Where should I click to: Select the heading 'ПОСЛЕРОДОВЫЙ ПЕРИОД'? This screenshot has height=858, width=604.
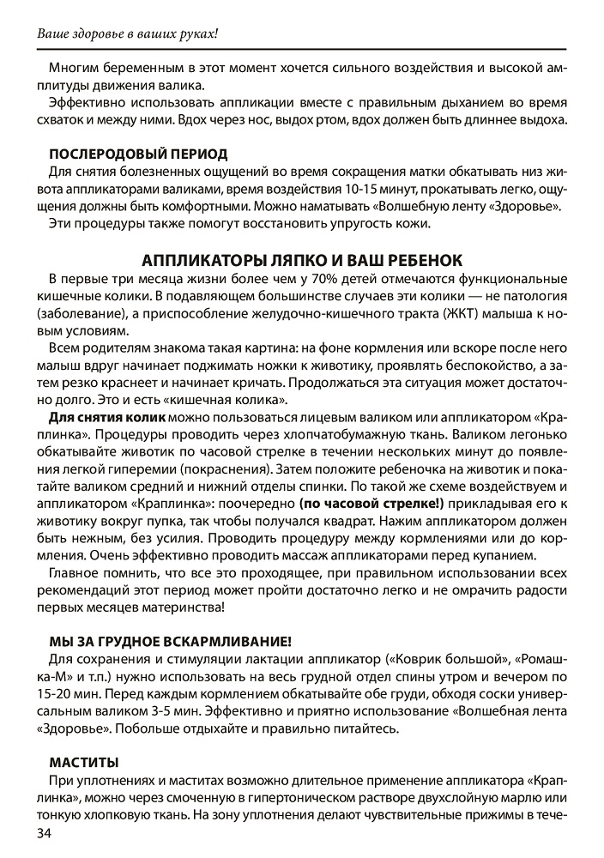pos(138,154)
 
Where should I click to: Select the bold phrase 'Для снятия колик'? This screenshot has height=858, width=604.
pos(107,417)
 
